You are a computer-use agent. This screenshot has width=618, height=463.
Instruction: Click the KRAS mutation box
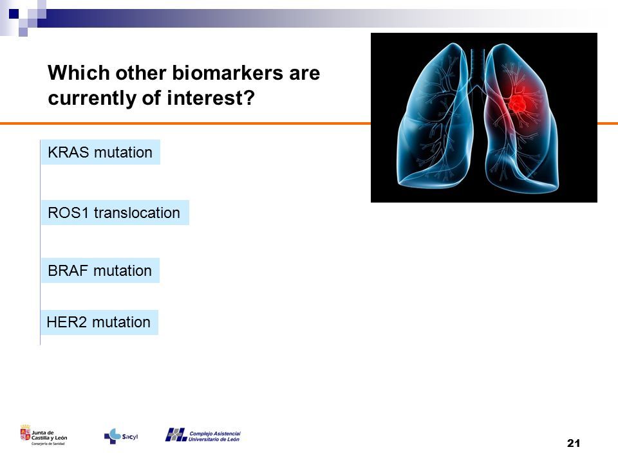(x=100, y=152)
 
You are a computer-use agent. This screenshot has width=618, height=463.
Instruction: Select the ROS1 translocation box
(x=115, y=213)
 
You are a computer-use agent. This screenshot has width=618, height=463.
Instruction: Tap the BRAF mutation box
(x=100, y=271)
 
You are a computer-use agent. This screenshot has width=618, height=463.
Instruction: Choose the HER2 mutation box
(x=99, y=322)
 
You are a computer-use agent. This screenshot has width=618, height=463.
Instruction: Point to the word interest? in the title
(x=211, y=98)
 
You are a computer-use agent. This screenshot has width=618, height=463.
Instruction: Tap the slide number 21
(x=574, y=443)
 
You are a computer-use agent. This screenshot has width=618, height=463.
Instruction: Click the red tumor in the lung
(x=517, y=104)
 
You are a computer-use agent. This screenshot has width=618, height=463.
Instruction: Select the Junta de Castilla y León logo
(x=44, y=435)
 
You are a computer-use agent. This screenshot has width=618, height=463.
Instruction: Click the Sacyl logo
(x=121, y=436)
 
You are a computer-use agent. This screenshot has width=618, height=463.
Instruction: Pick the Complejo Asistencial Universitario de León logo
(x=203, y=435)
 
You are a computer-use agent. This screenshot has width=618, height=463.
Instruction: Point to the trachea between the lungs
(x=477, y=67)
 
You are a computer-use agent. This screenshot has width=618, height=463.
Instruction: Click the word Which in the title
(x=79, y=73)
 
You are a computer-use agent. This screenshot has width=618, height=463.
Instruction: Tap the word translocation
(x=136, y=213)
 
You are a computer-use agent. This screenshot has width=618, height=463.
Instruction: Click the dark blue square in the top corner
(x=14, y=14)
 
